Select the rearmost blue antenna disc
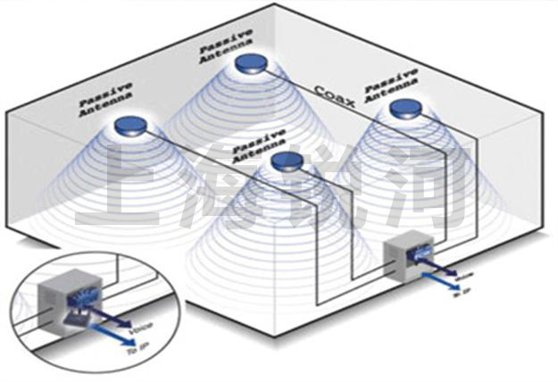pos(252,63)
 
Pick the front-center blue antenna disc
pos(288,161)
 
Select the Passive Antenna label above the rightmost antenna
pos(390,81)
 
